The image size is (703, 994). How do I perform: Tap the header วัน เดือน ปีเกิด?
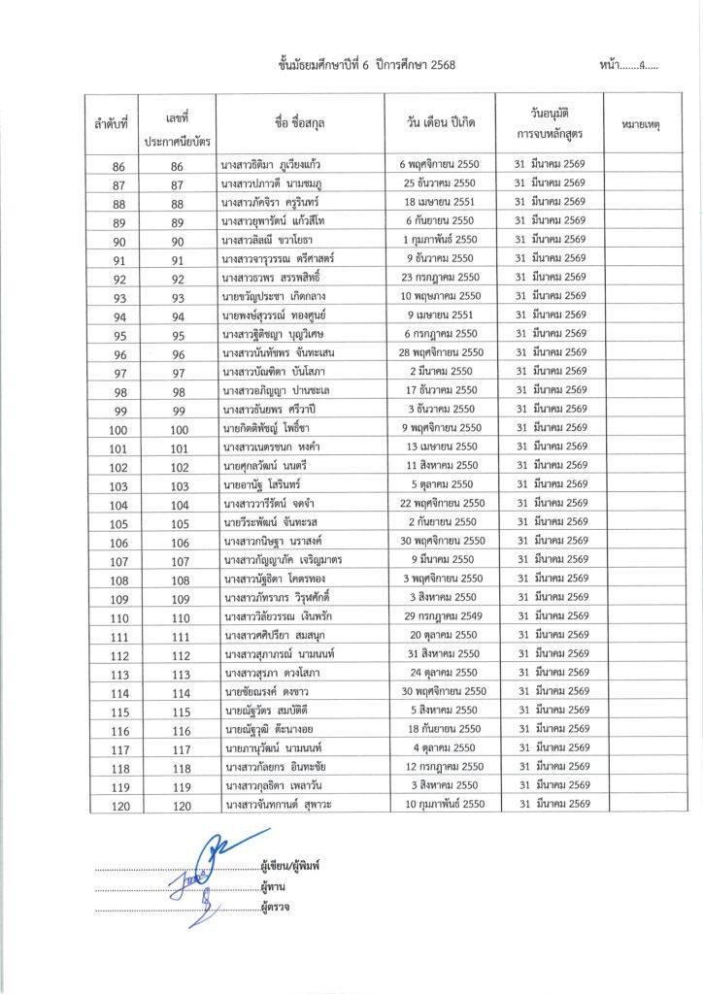pos(440,125)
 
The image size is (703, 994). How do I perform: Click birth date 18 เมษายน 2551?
pos(440,201)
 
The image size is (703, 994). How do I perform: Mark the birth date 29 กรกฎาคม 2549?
pos(440,617)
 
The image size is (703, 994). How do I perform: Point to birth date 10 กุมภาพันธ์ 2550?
pos(440,806)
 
